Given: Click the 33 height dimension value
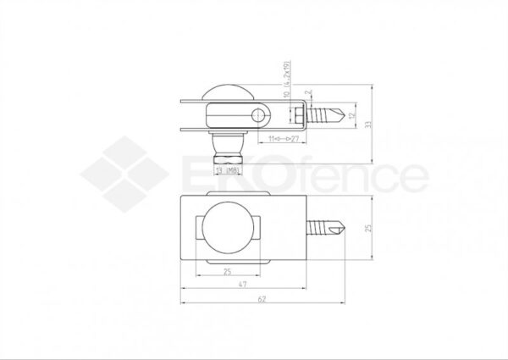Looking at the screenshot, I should click(366, 124).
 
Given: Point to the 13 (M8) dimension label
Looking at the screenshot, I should click(228, 171).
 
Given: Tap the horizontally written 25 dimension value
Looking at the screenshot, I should click(227, 272).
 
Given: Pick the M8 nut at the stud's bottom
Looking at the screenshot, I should click(227, 156).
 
